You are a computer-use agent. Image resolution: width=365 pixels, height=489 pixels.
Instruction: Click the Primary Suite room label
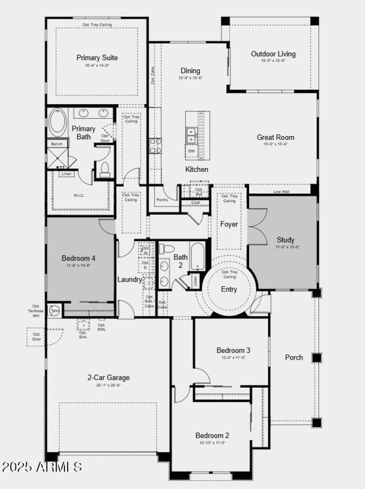[x=97, y=58]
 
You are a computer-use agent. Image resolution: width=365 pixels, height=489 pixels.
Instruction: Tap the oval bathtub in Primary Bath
[x=57, y=122]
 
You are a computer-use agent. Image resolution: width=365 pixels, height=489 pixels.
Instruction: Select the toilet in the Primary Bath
[x=104, y=169]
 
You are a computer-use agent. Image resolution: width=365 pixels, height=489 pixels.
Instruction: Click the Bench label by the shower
[x=57, y=144]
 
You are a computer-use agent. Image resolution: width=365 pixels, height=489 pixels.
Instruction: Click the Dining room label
[x=190, y=71]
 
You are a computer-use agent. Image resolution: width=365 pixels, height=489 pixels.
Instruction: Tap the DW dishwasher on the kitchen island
[x=192, y=151]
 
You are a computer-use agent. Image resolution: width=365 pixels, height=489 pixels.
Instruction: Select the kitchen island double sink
[x=191, y=135]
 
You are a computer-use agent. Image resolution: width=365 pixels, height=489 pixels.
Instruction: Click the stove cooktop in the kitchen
[x=156, y=146]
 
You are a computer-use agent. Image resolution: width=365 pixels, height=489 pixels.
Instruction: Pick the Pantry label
[x=162, y=200]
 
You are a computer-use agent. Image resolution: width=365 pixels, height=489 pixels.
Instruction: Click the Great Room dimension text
[x=276, y=144]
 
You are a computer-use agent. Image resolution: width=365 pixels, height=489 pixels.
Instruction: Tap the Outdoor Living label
[x=273, y=54]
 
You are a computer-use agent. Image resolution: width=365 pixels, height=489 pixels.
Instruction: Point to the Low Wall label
[x=282, y=192]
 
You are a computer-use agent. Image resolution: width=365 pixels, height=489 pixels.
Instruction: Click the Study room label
[x=286, y=240]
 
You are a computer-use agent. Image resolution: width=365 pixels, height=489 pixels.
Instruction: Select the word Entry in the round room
[x=229, y=289]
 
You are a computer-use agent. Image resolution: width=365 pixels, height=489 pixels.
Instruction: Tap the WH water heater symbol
[x=55, y=311]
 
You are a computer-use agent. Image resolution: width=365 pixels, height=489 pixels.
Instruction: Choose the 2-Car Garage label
[x=109, y=378]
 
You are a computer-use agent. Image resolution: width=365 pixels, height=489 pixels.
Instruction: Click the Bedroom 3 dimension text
[x=234, y=358]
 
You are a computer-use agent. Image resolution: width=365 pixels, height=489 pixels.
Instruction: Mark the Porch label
[x=294, y=357]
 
